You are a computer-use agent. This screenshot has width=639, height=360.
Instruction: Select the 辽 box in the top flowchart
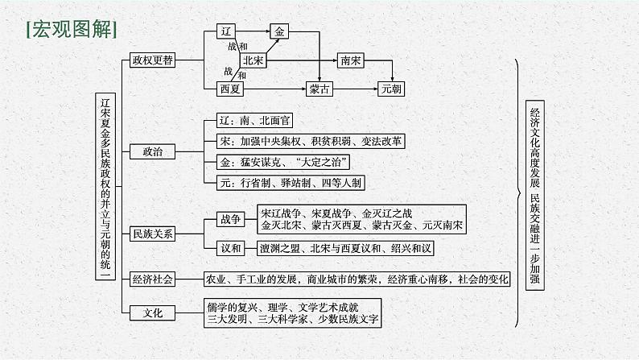[226, 31]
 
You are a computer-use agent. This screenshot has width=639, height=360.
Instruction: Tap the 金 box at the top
[279, 31]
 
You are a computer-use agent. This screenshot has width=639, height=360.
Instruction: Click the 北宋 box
[254, 60]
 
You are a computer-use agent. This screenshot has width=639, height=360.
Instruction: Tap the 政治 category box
[152, 151]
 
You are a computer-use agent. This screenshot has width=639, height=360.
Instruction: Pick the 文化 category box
[152, 312]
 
